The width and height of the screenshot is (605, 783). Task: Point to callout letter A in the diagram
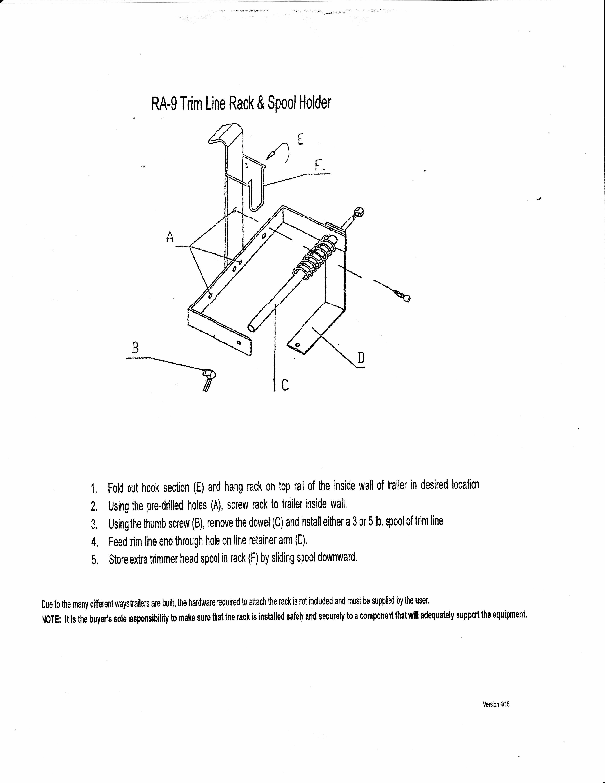(x=170, y=236)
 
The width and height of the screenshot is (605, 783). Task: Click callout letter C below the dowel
(x=285, y=386)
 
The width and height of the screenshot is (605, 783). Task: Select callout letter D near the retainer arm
(x=361, y=358)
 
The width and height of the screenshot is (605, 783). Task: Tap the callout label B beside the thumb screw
(x=135, y=347)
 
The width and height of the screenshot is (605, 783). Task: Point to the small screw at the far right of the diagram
(x=403, y=296)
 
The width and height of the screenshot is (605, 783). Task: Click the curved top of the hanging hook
(x=229, y=130)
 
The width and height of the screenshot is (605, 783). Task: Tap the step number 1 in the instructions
(x=93, y=487)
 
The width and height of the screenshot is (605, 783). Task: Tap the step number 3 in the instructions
(x=93, y=523)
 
